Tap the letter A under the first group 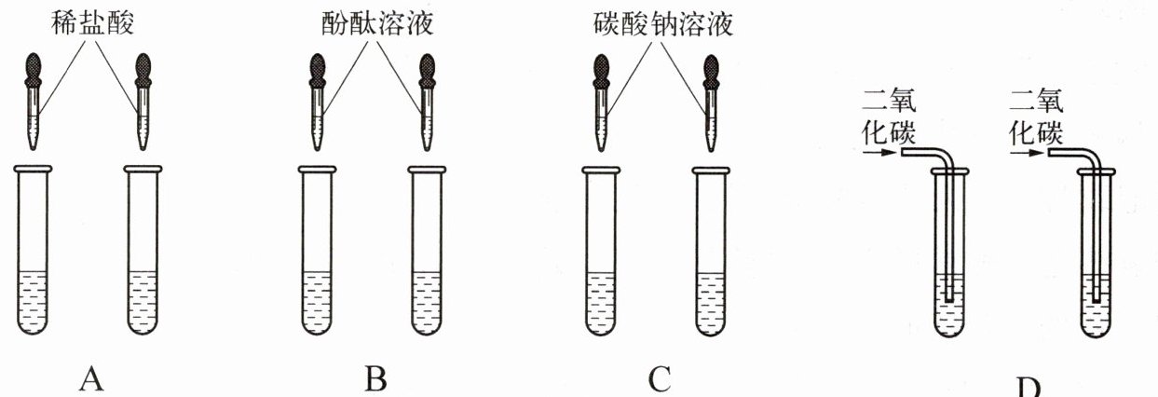pos(90,378)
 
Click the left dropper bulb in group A pos(32,69)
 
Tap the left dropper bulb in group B pos(317,69)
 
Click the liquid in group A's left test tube pos(32,300)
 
